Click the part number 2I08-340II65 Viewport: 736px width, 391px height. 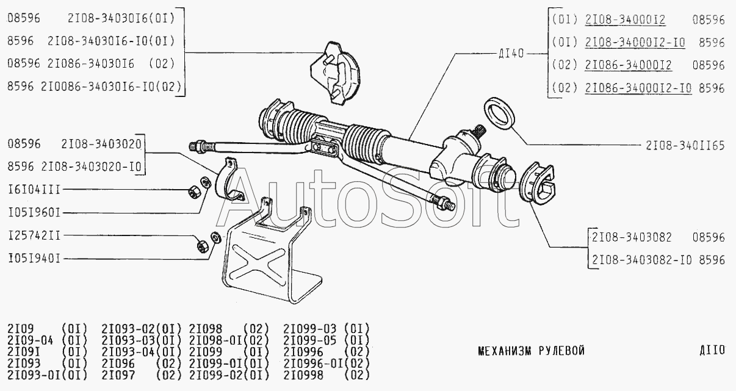coord(685,145)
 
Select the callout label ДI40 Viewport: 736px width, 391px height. coord(511,54)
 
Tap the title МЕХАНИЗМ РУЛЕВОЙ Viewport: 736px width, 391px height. coord(532,351)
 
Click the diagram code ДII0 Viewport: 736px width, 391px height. coord(712,350)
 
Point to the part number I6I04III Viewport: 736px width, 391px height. coord(34,190)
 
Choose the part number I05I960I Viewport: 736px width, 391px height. coord(34,213)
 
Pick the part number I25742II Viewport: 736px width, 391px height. coord(34,235)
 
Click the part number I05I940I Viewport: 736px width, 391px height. coord(34,259)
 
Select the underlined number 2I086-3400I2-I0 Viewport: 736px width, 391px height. coord(638,88)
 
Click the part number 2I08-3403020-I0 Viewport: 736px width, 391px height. coord(91,167)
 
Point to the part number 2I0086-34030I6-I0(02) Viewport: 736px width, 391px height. coord(111,87)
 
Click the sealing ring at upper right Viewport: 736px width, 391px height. coord(499,113)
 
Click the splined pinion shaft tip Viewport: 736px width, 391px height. coord(477,131)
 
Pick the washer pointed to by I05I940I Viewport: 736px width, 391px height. coord(215,238)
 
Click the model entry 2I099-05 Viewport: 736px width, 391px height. coord(310,340)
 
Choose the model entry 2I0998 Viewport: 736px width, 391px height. coord(303,375)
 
